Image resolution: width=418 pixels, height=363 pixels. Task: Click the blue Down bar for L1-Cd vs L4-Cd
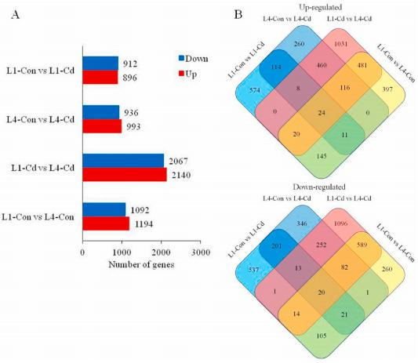[x=123, y=161]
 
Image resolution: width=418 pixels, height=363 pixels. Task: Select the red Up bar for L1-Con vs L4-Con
[x=106, y=223]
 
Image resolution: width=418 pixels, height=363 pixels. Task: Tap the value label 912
[x=130, y=64]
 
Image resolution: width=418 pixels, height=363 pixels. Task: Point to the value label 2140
[x=181, y=175]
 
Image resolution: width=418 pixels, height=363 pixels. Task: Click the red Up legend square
[x=181, y=73]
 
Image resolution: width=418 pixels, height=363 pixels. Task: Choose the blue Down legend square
[x=181, y=58]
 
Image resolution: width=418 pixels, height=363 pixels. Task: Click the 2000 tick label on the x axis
[x=161, y=252]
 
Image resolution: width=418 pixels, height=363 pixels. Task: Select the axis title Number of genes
[x=141, y=264]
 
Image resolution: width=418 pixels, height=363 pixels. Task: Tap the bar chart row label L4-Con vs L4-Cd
[x=41, y=120]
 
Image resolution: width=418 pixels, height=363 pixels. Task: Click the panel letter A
[x=15, y=15]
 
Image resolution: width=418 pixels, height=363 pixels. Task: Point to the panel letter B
[x=238, y=15]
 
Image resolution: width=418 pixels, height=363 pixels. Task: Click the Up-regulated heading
[x=320, y=7]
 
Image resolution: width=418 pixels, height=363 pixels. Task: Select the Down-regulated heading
[x=319, y=187]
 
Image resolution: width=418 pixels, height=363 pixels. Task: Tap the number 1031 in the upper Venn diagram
[x=340, y=43]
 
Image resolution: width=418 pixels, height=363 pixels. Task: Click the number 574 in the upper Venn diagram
[x=253, y=90]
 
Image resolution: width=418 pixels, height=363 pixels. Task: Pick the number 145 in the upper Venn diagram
[x=322, y=156]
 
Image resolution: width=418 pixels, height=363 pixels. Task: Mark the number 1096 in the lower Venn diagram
[x=340, y=223]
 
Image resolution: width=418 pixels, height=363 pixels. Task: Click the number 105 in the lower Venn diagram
[x=322, y=336]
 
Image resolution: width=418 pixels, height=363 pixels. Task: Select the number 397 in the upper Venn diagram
[x=387, y=89]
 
